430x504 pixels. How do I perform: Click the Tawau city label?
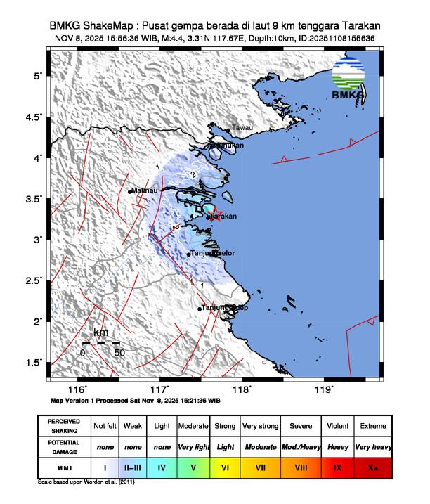coord(242,127)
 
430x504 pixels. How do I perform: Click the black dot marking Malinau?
coord(131,191)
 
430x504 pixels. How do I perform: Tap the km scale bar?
coord(100,343)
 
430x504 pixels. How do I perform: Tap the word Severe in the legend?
coord(301,426)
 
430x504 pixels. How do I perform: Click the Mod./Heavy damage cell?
coord(301,446)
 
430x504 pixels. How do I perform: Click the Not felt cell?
coord(105,426)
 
